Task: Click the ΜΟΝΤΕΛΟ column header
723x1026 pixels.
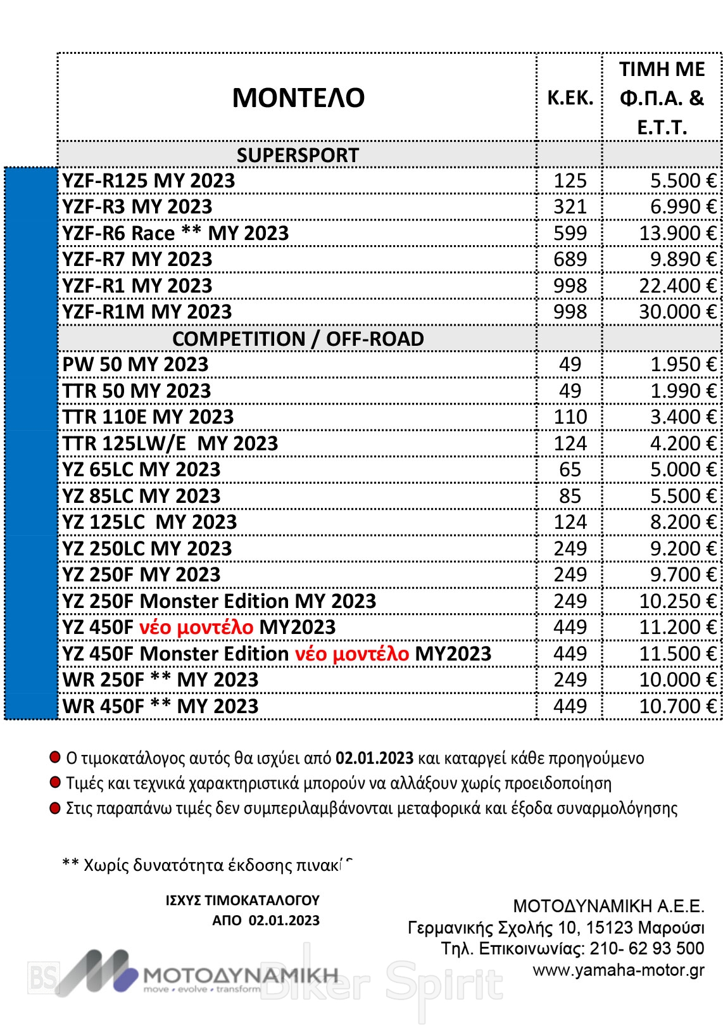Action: (x=298, y=98)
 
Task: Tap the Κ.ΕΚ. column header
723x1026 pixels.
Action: (x=570, y=98)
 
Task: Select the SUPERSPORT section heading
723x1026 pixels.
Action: (x=298, y=155)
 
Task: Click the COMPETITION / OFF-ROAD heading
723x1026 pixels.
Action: (x=298, y=339)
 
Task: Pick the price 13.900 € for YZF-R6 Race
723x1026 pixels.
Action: (x=677, y=233)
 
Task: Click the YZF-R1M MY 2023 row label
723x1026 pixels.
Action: (x=147, y=312)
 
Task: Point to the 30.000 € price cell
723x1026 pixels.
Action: (x=677, y=312)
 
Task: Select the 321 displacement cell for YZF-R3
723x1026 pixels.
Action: (x=570, y=206)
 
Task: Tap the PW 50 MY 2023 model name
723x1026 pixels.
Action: (x=135, y=364)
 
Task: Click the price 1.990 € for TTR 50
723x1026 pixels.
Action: (x=682, y=391)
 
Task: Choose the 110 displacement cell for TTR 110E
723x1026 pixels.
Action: (x=570, y=417)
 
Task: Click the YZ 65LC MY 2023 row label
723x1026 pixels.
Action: (x=141, y=469)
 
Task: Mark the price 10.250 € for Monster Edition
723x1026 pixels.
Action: (x=677, y=601)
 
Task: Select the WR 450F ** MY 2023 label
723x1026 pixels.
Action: (x=160, y=706)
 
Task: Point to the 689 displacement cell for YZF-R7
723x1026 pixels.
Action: (x=570, y=259)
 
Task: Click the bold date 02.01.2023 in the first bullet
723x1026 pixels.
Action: (x=374, y=758)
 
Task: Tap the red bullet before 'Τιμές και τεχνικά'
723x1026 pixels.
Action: (x=55, y=782)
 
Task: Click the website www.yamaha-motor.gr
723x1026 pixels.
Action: (x=618, y=970)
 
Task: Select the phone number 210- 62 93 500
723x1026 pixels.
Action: (x=646, y=948)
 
